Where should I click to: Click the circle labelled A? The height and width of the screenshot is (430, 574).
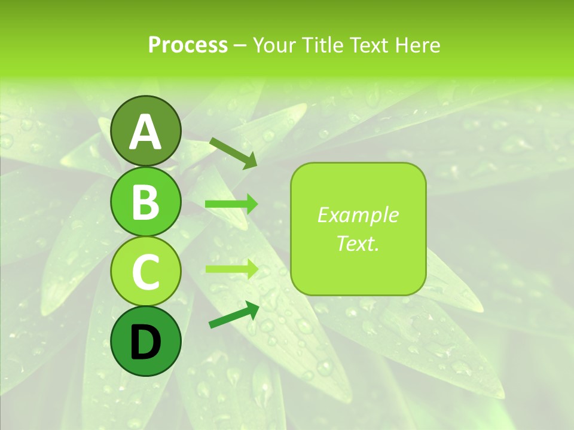pyautogui.click(x=146, y=131)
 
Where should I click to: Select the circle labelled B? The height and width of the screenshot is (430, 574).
pyautogui.click(x=146, y=201)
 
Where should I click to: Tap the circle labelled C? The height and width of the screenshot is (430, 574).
pyautogui.click(x=146, y=271)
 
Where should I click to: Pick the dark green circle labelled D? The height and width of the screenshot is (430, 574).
pyautogui.click(x=146, y=341)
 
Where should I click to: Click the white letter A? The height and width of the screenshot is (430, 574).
pyautogui.click(x=146, y=132)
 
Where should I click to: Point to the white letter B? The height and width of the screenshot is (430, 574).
pyautogui.click(x=146, y=202)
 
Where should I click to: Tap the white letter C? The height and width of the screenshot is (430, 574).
pyautogui.click(x=146, y=272)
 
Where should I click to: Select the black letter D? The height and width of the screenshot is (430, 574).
pyautogui.click(x=146, y=342)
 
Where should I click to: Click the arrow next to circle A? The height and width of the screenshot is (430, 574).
pyautogui.click(x=233, y=153)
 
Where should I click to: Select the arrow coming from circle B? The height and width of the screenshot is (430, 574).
pyautogui.click(x=231, y=204)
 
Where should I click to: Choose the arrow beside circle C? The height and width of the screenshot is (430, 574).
pyautogui.click(x=231, y=269)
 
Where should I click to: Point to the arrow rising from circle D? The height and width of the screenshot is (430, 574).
pyautogui.click(x=234, y=315)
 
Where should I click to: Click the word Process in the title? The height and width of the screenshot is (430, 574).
pyautogui.click(x=188, y=45)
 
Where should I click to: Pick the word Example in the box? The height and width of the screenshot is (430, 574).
pyautogui.click(x=358, y=215)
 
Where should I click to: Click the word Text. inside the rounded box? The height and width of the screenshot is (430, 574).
pyautogui.click(x=358, y=243)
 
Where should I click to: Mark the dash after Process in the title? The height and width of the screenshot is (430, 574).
pyautogui.click(x=240, y=46)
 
